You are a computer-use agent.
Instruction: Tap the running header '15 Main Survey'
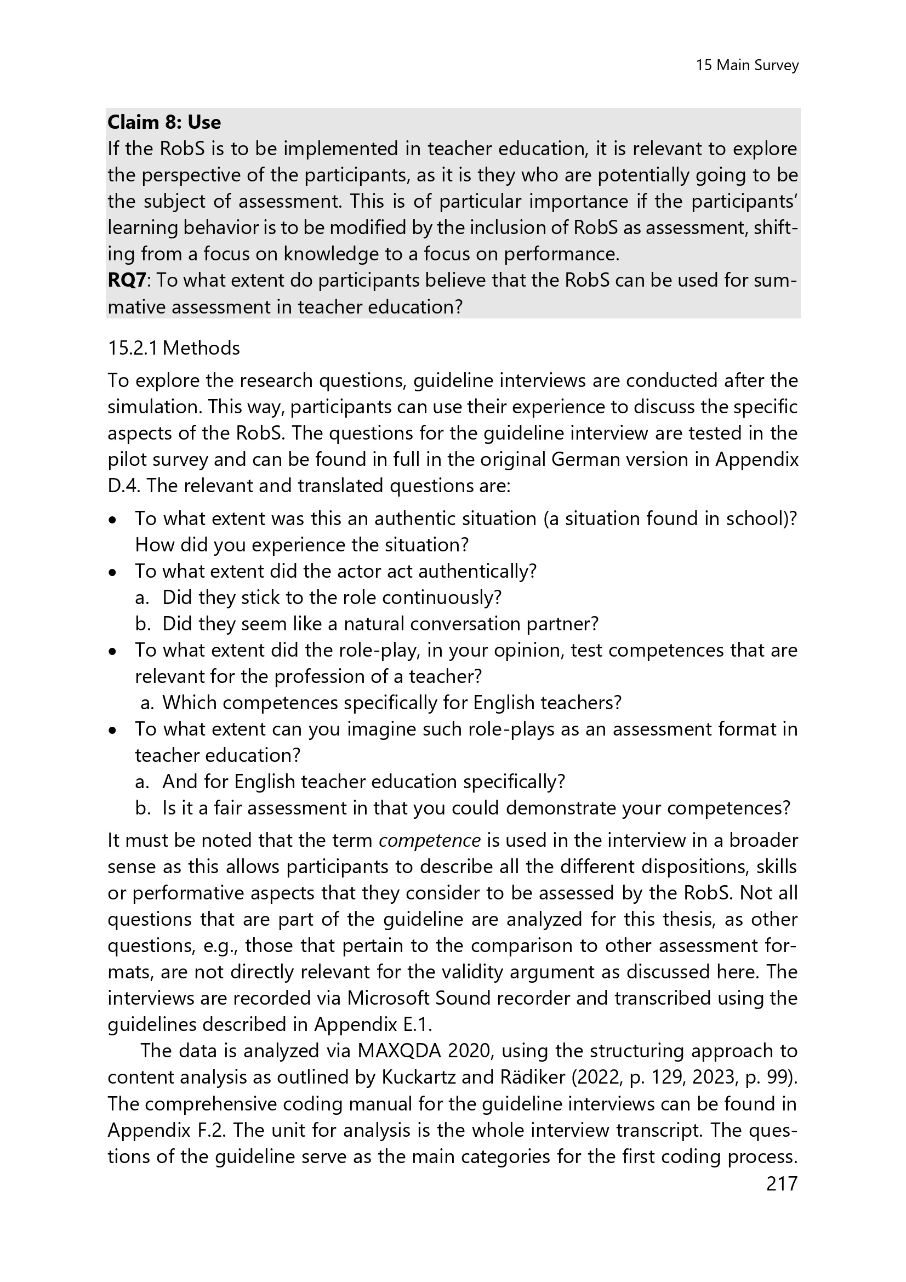pyautogui.click(x=747, y=66)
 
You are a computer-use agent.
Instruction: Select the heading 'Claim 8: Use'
pyautogui.click(x=164, y=122)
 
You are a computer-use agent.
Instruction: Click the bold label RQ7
pyautogui.click(x=127, y=280)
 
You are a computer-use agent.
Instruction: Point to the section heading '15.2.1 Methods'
pyautogui.click(x=174, y=349)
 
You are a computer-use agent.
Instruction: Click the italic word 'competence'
pyautogui.click(x=429, y=840)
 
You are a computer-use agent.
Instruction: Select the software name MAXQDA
pyautogui.click(x=399, y=1051)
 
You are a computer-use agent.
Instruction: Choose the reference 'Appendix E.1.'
pyautogui.click(x=373, y=1024)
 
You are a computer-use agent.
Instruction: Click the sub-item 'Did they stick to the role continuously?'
pyautogui.click(x=332, y=597)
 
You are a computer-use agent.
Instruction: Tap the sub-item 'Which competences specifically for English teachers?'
pyautogui.click(x=391, y=703)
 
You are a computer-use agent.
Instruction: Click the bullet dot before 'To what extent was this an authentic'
pyautogui.click(x=113, y=520)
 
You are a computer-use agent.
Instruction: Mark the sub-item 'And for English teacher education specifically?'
pyautogui.click(x=363, y=782)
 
